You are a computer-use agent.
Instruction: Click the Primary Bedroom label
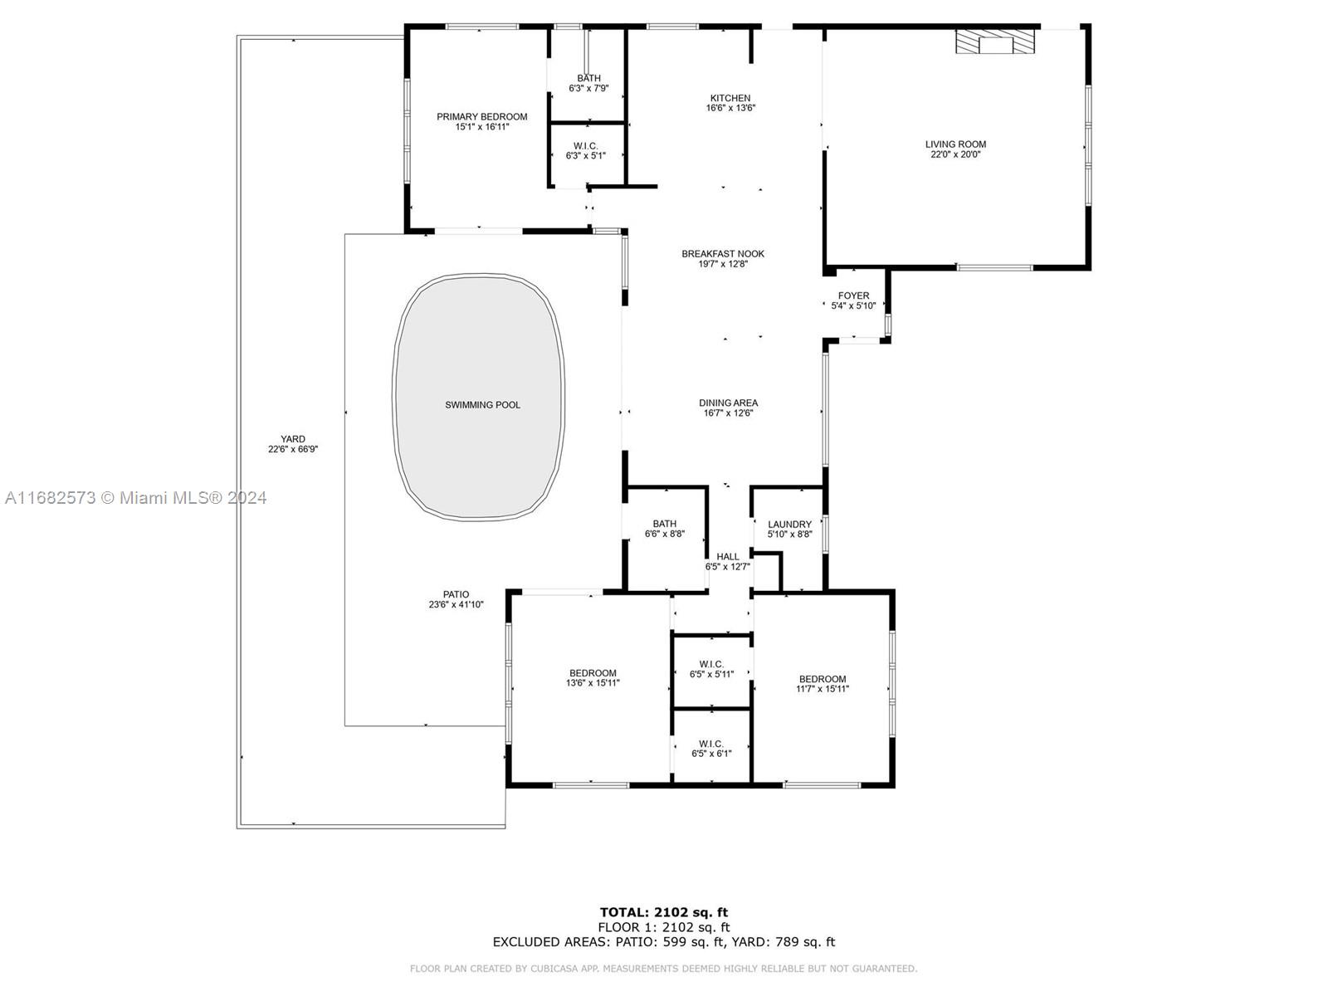click(x=481, y=117)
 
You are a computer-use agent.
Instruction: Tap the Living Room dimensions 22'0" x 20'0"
click(x=955, y=154)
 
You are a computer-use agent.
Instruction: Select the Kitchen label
click(x=730, y=98)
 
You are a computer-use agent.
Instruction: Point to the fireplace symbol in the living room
click(x=994, y=41)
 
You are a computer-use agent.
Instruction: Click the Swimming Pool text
click(x=482, y=405)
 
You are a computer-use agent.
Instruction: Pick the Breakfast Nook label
click(x=723, y=254)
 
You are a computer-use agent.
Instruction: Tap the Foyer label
click(x=854, y=295)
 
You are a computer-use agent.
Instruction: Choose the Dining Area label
click(x=729, y=403)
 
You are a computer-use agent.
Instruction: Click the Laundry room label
click(x=789, y=525)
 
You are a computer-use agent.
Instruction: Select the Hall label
click(x=728, y=557)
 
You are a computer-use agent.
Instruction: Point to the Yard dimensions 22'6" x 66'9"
click(x=293, y=449)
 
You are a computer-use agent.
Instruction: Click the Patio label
click(x=456, y=594)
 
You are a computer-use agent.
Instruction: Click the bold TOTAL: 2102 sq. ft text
click(x=664, y=912)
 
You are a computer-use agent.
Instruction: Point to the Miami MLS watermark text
click(x=135, y=498)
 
